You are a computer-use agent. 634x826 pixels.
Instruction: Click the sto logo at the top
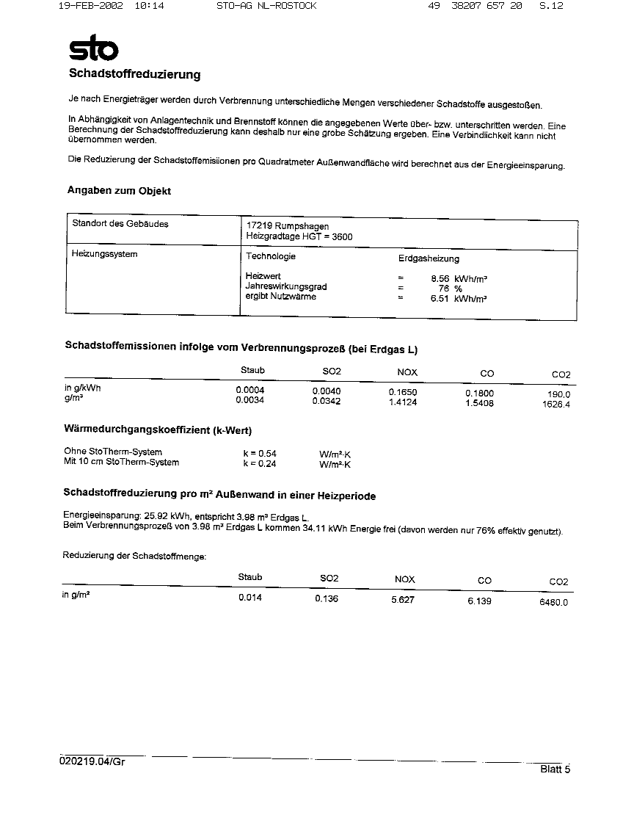(x=93, y=48)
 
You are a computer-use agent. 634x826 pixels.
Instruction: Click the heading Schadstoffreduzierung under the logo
(x=134, y=74)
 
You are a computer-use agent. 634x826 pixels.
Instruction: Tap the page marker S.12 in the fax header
(x=551, y=6)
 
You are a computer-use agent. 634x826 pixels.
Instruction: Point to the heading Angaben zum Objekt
(x=119, y=191)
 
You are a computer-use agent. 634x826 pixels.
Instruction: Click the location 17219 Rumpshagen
(x=288, y=226)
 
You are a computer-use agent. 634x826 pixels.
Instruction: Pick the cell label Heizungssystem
(x=104, y=254)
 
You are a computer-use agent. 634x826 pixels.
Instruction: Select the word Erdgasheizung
(x=429, y=259)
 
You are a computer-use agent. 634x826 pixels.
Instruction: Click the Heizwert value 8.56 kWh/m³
(x=459, y=279)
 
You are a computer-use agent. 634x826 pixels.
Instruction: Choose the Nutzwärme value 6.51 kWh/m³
(x=459, y=299)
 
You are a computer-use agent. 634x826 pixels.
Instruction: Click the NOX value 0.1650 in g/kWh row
(x=403, y=393)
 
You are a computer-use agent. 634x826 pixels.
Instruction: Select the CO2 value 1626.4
(x=556, y=404)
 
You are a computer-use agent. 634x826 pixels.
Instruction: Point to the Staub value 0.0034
(x=250, y=400)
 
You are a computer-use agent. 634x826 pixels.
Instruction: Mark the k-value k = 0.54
(x=260, y=454)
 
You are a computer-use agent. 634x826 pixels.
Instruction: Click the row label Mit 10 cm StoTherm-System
(x=121, y=463)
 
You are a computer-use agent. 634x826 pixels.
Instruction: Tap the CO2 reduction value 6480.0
(x=553, y=602)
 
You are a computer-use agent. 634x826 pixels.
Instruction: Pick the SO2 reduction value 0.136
(x=327, y=599)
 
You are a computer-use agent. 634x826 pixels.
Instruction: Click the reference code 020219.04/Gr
(x=92, y=761)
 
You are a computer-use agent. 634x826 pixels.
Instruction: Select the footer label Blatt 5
(x=555, y=769)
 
